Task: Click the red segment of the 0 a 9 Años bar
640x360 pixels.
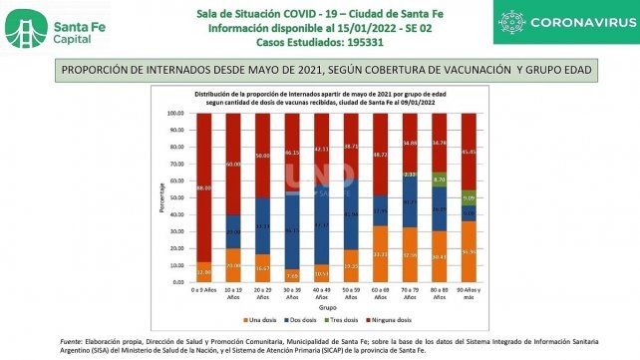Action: [204, 184]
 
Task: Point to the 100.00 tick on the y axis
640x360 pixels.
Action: [175, 114]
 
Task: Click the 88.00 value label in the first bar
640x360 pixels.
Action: [204, 188]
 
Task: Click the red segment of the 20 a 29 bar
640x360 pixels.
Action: [262, 155]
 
